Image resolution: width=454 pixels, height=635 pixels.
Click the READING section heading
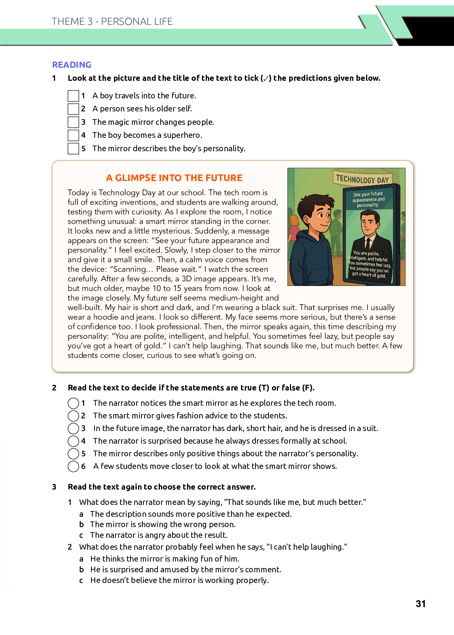[72, 65]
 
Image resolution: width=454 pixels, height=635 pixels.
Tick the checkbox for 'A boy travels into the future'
[73, 96]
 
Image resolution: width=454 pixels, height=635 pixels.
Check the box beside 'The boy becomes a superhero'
[73, 135]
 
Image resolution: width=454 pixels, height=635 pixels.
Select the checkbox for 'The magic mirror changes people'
[73, 122]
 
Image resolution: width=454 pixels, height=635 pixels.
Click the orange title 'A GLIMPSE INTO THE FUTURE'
[174, 178]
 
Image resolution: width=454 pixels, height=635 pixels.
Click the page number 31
[420, 604]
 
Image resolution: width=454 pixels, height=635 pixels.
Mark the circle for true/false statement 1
[73, 403]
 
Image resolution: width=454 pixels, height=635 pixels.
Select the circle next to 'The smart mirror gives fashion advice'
[73, 416]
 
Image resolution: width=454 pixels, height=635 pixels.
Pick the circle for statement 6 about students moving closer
[73, 466]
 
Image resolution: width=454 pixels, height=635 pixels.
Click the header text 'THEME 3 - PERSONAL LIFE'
[112, 21]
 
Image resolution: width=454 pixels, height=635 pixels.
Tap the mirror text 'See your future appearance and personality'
[368, 199]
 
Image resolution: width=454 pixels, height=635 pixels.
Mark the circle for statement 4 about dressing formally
[73, 441]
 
